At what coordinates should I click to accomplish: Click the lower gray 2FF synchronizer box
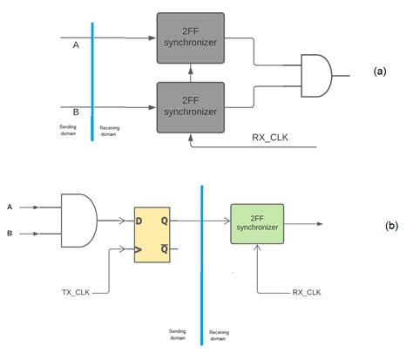190,107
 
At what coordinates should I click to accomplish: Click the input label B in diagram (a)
75,112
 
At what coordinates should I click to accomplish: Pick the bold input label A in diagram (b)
10,207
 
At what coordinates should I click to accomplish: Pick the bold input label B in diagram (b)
10,234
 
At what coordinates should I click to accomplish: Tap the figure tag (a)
380,72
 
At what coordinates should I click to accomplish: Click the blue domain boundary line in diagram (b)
202,262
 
